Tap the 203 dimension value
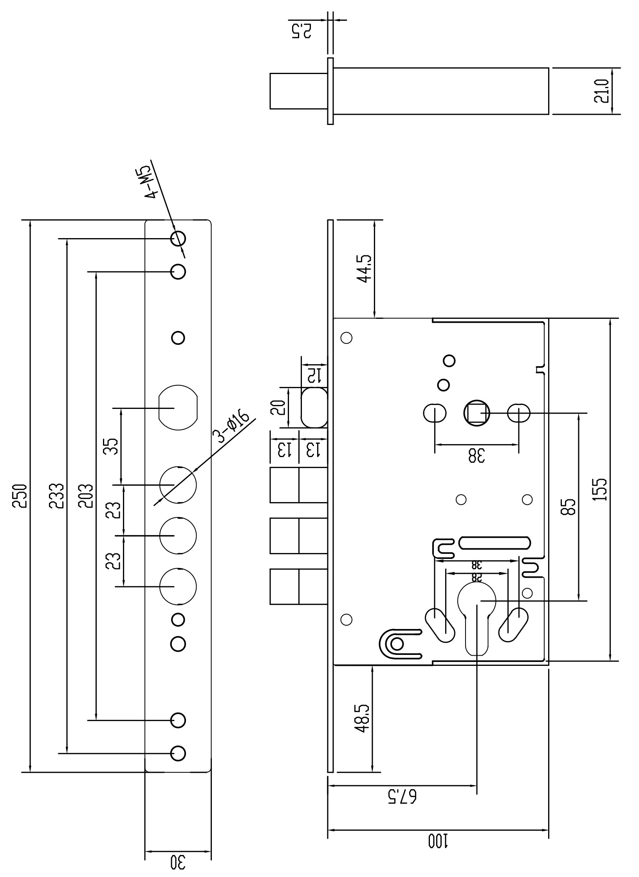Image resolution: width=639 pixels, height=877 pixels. click(86, 496)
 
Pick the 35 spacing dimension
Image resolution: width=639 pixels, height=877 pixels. click(111, 446)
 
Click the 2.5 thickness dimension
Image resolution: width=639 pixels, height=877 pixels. click(301, 31)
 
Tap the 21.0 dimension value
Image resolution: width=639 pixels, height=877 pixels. click(601, 91)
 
